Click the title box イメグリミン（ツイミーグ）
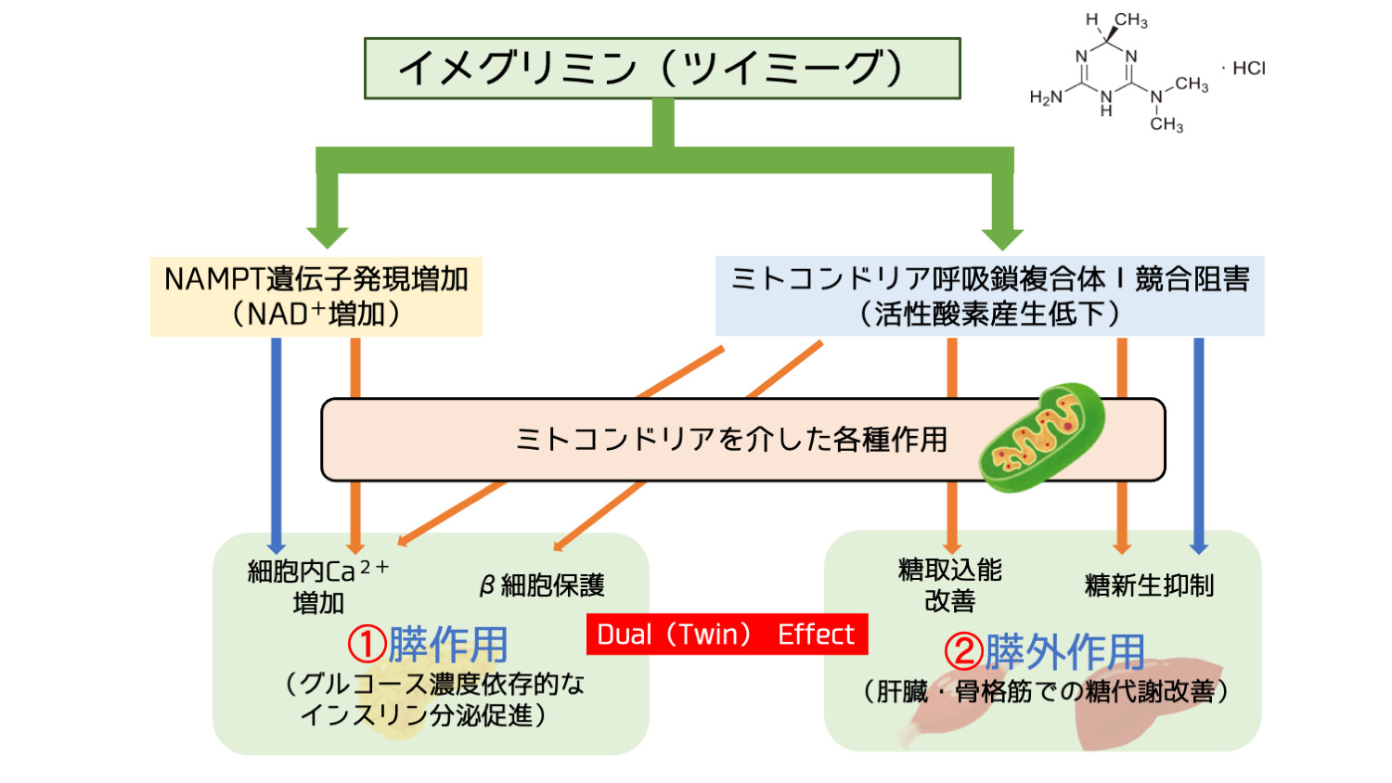tap(662, 68)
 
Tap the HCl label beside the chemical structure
tap(1248, 68)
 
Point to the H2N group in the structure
tap(1046, 97)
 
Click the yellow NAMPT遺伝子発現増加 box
tap(316, 296)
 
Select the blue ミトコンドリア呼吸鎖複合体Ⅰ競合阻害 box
tap(989, 296)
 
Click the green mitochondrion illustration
tap(1042, 436)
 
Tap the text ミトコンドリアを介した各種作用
tap(731, 439)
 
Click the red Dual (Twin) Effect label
tap(727, 635)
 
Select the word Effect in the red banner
tap(815, 635)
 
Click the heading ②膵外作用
tap(1044, 651)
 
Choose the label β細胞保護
tap(542, 585)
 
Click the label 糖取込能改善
tap(949, 584)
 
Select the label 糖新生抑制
tap(1149, 585)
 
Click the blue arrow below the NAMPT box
tap(276, 445)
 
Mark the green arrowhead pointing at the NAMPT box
tap(327, 235)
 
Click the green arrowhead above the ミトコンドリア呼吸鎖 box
tap(1002, 237)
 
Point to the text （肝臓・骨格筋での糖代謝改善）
tap(1045, 691)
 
